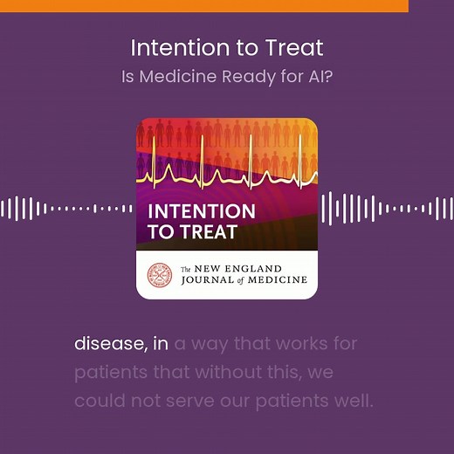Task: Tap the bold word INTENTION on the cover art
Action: pyautogui.click(x=202, y=211)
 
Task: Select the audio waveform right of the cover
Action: pyautogui.click(x=386, y=209)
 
